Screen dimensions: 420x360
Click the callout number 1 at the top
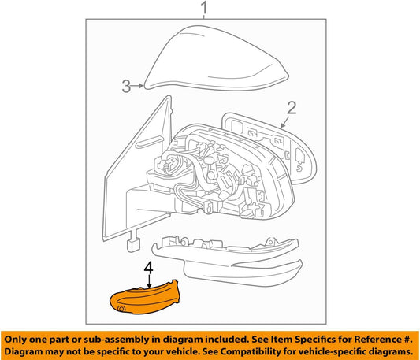(204, 8)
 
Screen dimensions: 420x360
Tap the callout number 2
(292, 108)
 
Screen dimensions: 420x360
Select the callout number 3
(126, 86)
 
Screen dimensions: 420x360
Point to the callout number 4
(149, 268)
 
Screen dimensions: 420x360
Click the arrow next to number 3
(138, 86)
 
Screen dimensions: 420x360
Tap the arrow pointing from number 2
(284, 122)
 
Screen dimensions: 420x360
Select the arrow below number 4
(149, 282)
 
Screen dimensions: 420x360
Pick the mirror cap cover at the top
(217, 59)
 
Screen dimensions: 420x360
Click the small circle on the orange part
(121, 309)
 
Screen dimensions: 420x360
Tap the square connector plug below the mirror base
(134, 245)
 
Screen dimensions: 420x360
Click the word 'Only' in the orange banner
(16, 340)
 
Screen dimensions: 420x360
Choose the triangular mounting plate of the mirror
(136, 172)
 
